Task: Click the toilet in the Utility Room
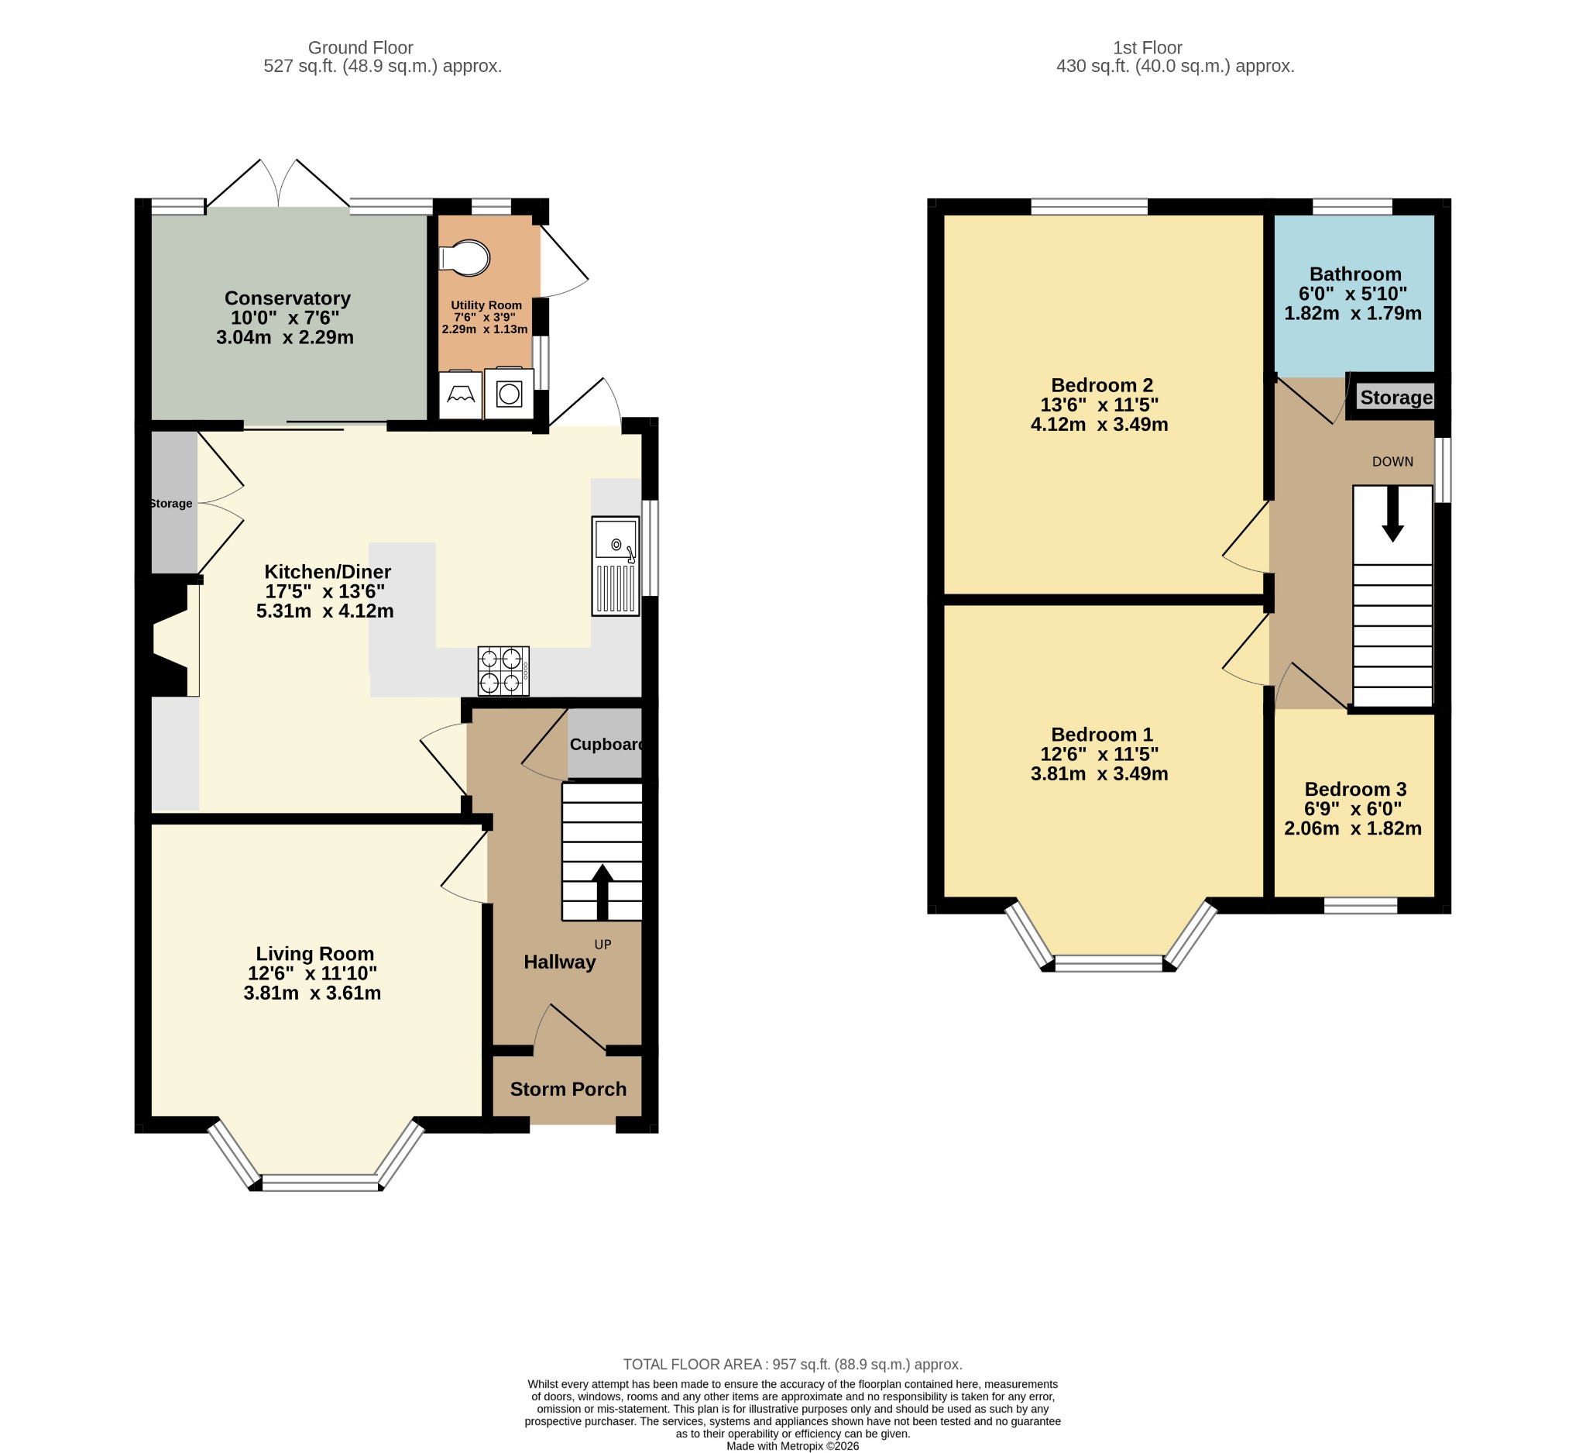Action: [x=465, y=257]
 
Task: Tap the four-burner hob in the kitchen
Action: [x=503, y=671]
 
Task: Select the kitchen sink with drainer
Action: [x=615, y=565]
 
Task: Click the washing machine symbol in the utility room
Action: [x=509, y=394]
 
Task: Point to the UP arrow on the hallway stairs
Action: [x=602, y=892]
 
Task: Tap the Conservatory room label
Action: [x=288, y=298]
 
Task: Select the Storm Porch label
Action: [x=568, y=1089]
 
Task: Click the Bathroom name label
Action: [x=1355, y=274]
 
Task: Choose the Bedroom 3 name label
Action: [x=1355, y=789]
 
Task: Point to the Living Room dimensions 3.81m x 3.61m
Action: [x=312, y=993]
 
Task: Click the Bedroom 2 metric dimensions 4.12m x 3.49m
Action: [x=1099, y=424]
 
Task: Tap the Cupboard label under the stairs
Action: [x=606, y=745]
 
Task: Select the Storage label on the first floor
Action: [x=1396, y=398]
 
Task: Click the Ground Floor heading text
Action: [x=360, y=48]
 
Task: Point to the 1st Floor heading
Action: [x=1148, y=48]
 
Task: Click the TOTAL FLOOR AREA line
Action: [x=793, y=1364]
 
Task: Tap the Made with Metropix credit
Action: [x=793, y=1446]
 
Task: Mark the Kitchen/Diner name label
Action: [x=328, y=571]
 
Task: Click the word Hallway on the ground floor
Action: [x=559, y=962]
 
